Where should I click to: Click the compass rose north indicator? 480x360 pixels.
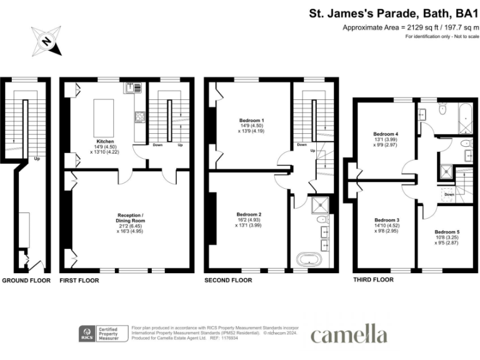click(x=46, y=42)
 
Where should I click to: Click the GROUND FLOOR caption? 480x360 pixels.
click(x=26, y=281)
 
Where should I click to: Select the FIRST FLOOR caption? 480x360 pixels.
click(x=79, y=281)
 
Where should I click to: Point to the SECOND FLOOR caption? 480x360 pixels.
click(x=229, y=281)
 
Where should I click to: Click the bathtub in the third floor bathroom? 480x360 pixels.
click(x=464, y=114)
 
